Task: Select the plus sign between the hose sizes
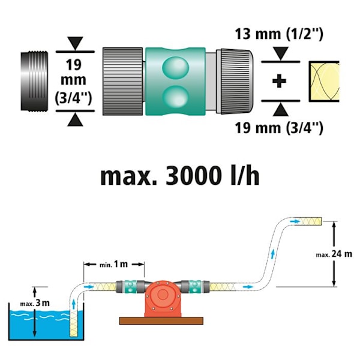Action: (x=278, y=81)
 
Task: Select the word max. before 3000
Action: (x=126, y=176)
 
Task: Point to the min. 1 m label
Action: (x=114, y=263)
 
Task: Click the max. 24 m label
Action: (x=334, y=254)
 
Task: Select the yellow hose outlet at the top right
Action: (x=312, y=221)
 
